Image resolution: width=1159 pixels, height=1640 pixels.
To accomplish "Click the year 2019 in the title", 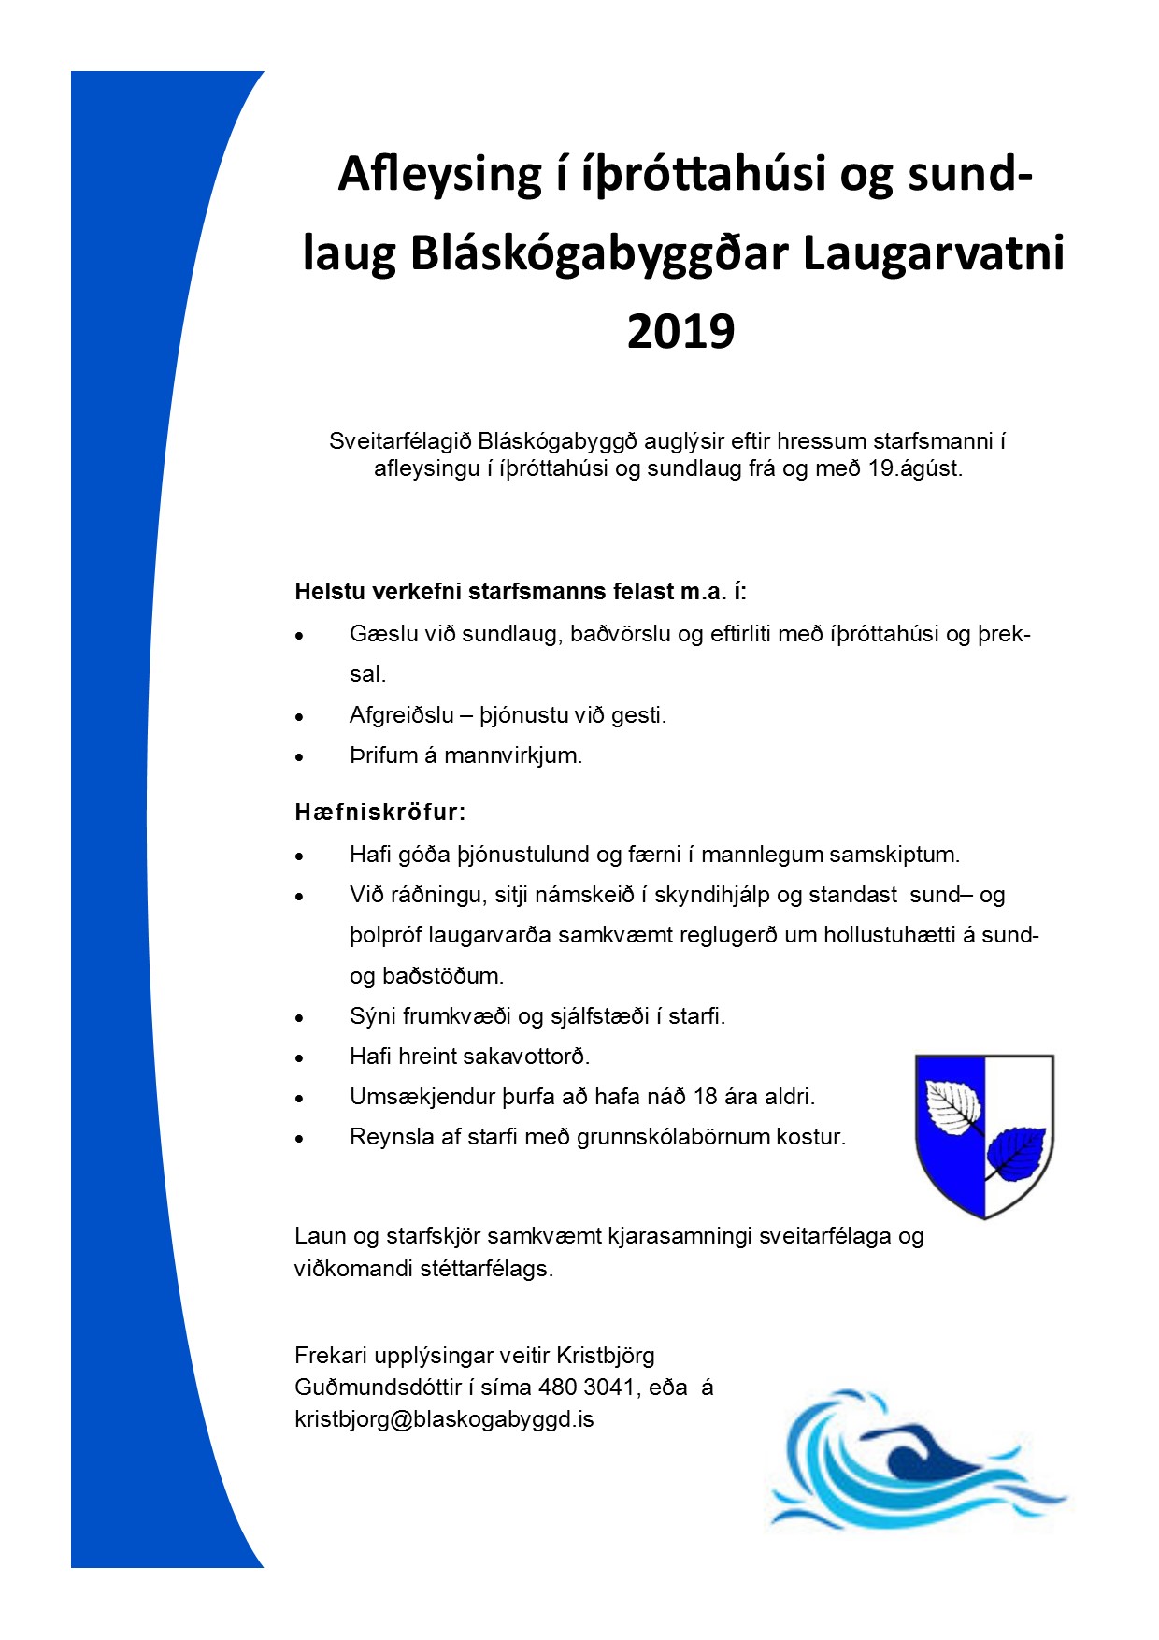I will tap(680, 331).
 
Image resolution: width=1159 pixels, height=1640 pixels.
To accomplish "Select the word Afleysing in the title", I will tap(440, 174).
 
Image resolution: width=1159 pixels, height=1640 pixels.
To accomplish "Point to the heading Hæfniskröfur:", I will tap(379, 812).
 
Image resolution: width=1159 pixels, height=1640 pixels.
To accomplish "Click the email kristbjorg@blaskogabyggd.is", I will tap(444, 1419).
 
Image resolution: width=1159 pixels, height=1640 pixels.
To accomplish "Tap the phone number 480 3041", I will tap(588, 1387).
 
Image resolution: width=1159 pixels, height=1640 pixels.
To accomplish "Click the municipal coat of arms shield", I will tap(984, 1135).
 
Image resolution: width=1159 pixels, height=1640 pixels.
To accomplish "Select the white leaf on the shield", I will tap(952, 1107).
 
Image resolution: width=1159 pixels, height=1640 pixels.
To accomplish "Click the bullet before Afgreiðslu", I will tap(300, 717).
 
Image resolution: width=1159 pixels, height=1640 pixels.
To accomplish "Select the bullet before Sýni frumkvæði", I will tap(300, 1017).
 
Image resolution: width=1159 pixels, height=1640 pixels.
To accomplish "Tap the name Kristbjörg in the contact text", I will tap(606, 1355).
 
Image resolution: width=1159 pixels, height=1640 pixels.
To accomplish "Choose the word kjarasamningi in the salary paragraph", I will tap(680, 1236).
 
